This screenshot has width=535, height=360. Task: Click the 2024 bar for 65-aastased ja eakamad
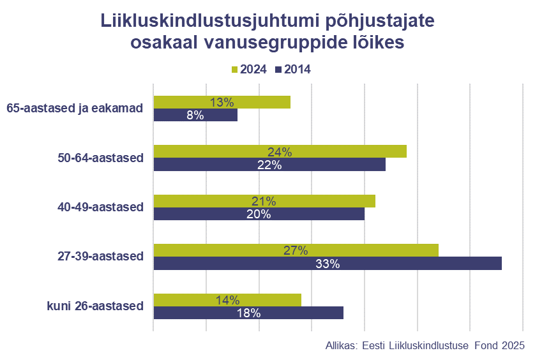[222, 102]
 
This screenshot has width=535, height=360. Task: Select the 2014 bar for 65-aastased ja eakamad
[195, 116]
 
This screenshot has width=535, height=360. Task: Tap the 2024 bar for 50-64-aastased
[280, 151]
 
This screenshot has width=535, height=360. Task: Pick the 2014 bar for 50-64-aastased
[269, 165]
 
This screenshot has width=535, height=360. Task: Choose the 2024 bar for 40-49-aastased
[264, 201]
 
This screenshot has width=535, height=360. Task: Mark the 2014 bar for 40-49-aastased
[259, 214]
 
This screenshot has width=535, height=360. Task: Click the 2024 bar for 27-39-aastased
[296, 250]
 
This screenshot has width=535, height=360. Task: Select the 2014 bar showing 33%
[328, 264]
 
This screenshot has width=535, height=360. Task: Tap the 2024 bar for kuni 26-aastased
[227, 300]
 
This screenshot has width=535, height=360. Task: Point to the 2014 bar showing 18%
[248, 313]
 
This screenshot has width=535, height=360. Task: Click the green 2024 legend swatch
[234, 70]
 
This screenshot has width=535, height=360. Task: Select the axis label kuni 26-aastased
[95, 306]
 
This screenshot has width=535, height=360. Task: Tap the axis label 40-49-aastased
[101, 207]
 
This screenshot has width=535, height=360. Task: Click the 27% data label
[296, 250]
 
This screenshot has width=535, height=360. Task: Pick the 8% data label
[195, 116]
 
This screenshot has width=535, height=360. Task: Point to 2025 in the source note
[512, 345]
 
